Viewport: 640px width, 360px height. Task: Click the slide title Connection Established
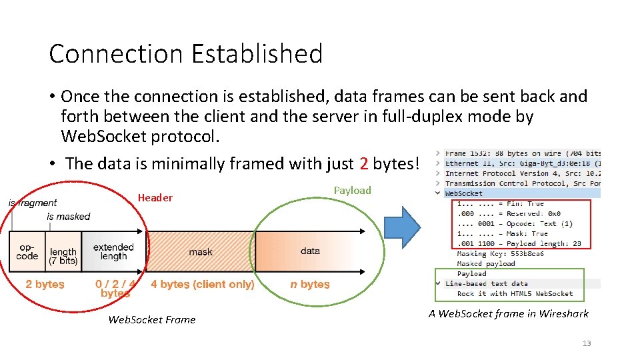(x=185, y=53)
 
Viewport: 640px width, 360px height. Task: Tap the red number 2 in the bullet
(x=363, y=163)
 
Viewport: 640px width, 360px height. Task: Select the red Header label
(x=155, y=197)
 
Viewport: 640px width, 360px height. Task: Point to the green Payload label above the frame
(x=352, y=191)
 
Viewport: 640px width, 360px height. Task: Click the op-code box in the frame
(x=27, y=251)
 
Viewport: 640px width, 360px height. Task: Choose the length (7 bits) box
(x=63, y=256)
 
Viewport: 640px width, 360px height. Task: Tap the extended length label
(x=113, y=251)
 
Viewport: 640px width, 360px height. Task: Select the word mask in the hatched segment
(x=201, y=252)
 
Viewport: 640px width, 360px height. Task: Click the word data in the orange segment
(x=310, y=251)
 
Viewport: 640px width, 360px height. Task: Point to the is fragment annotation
(x=33, y=203)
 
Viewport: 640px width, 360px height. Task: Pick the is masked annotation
(x=69, y=216)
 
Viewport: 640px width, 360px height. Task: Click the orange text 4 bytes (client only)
(x=203, y=284)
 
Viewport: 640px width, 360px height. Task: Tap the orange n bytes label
(x=310, y=284)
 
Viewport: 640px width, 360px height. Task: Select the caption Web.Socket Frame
(x=152, y=319)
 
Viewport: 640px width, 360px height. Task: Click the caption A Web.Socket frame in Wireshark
(x=509, y=313)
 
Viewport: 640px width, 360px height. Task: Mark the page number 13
(x=586, y=343)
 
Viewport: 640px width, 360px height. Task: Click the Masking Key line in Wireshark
(x=500, y=253)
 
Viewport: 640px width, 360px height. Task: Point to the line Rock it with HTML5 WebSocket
(x=515, y=293)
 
